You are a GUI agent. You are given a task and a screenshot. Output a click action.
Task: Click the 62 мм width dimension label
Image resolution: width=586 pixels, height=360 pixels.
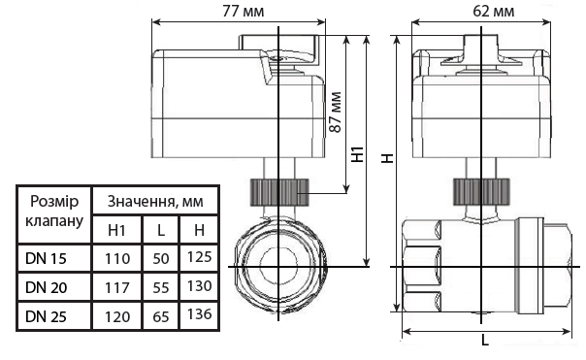[495, 12]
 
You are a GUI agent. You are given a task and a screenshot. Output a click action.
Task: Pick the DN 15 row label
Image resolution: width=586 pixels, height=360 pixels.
[47, 258]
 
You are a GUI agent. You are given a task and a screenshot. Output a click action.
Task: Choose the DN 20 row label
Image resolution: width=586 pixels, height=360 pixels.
[47, 287]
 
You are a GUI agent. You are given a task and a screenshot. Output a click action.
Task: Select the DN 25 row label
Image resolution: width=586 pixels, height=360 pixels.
[47, 315]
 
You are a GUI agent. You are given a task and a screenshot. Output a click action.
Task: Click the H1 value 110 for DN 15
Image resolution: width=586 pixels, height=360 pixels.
[116, 258]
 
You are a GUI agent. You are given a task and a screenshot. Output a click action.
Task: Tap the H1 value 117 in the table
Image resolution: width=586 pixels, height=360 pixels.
[116, 287]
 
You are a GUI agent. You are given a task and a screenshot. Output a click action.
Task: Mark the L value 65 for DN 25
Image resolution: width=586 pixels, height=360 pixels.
[160, 315]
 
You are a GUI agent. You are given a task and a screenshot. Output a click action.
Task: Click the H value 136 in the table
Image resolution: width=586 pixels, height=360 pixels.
[199, 315]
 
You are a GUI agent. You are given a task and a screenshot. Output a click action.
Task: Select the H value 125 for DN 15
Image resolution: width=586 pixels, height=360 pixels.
[199, 258]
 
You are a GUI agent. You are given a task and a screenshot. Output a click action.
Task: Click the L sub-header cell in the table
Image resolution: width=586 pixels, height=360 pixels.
[160, 230]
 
